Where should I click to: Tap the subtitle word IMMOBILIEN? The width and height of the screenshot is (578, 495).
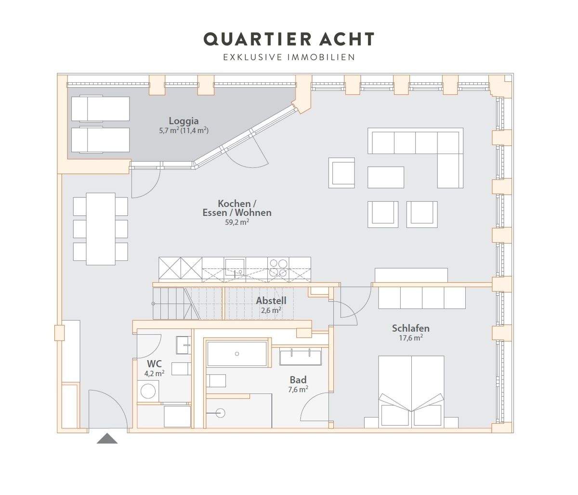pos(321,58)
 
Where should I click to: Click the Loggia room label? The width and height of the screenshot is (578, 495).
pos(184,121)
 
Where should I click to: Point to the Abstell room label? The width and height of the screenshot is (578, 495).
pos(271,301)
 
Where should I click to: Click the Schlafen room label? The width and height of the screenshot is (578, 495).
pos(410,328)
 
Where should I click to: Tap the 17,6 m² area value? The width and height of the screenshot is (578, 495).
pos(410,338)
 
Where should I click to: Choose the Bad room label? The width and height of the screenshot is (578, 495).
pos(298,380)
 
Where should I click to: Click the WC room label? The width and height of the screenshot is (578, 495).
pos(154,364)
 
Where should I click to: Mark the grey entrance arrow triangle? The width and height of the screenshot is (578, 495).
pos(107,439)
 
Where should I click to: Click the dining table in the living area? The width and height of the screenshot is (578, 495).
pos(101,229)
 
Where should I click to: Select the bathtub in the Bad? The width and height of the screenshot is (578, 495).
pos(237,354)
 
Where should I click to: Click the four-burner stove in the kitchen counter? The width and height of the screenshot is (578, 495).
pos(278,268)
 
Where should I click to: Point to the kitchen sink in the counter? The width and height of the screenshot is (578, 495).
pos(235,267)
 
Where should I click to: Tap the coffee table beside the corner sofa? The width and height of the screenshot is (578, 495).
pos(386,177)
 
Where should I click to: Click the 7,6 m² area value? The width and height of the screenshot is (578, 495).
pos(298,390)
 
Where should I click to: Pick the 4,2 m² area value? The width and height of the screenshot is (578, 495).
pos(154,373)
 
